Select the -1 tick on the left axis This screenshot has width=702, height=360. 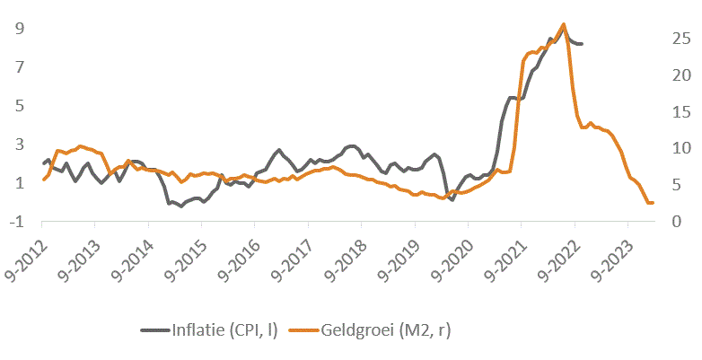coord(15,221)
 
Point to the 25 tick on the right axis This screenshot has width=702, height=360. coord(681,38)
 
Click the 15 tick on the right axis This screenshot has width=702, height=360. coord(681,111)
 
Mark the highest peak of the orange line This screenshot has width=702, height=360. coord(563,24)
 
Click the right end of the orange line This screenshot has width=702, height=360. coord(653,203)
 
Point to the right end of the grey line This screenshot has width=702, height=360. coord(582,43)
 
